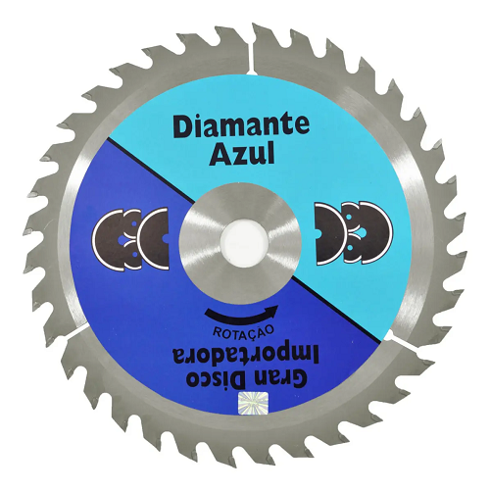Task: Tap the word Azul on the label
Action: coord(242,154)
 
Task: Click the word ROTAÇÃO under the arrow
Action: coord(243,331)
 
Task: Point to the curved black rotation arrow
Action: coord(241,315)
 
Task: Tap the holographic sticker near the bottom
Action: coord(254,401)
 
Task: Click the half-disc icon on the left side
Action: coord(130,239)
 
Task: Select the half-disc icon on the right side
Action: coord(353,232)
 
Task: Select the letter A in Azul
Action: coord(220,154)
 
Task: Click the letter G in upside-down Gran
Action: coord(300,379)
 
